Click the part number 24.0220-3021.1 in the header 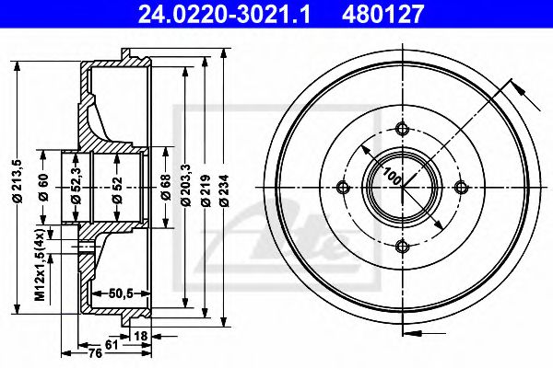pos(224,15)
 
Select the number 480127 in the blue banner pos(382,15)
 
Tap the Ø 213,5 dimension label pos(18,181)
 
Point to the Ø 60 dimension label pos(43,187)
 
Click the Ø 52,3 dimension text pos(76,186)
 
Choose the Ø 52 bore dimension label pos(117,190)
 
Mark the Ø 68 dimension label pos(166,187)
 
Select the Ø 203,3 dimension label pos(185,185)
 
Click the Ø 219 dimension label pos(206,190)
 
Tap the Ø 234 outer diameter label pos(224,190)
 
